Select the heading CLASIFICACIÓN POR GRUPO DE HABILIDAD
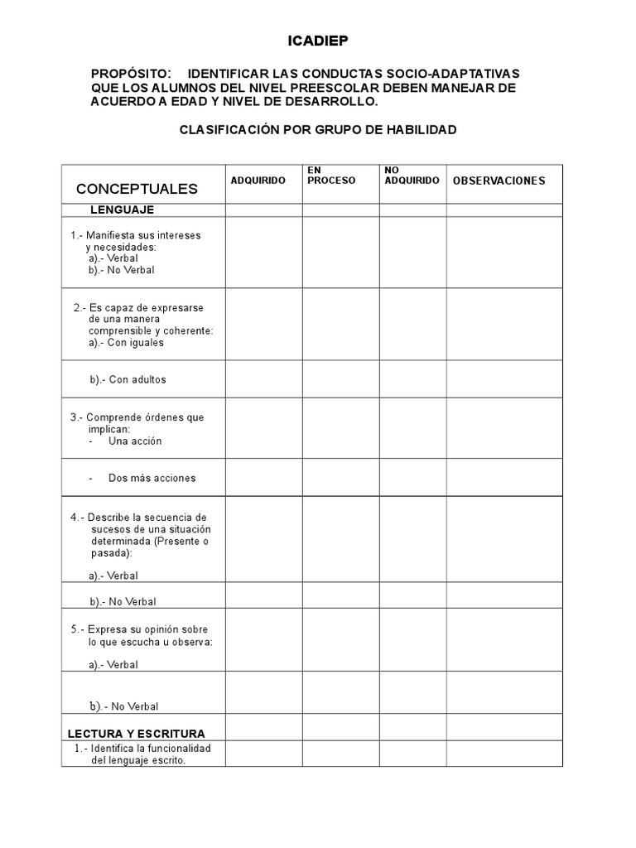318,130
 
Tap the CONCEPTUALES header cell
137,189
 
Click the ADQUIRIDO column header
258,181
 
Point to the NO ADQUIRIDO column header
412,175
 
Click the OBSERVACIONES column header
499,181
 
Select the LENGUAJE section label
122,210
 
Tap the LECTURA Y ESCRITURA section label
136,734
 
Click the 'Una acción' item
135,441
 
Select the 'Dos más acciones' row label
152,478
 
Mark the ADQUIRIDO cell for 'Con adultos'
263,379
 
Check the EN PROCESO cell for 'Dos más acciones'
340,478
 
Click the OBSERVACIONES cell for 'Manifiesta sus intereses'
504,252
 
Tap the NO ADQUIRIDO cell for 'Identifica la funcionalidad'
413,754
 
